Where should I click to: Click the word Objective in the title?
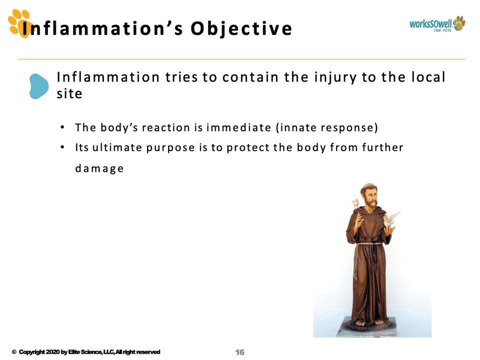click(241, 29)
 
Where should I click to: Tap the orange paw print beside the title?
click(19, 23)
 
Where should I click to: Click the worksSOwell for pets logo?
click(437, 24)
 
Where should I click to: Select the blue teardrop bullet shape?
click(39, 86)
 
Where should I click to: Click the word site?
click(69, 93)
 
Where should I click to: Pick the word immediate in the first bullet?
click(239, 127)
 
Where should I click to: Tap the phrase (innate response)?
click(327, 127)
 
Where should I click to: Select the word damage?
click(99, 168)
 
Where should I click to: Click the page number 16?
click(240, 352)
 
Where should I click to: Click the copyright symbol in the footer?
click(14, 352)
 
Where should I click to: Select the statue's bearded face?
click(370, 197)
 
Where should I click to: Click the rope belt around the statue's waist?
click(369, 244)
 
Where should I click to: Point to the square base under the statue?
click(366, 327)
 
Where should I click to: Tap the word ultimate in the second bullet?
click(117, 147)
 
